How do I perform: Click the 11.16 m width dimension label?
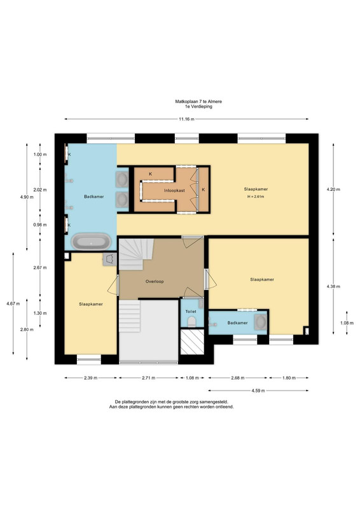click(186, 119)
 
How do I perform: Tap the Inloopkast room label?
click(174, 190)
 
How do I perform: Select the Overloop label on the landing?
click(155, 281)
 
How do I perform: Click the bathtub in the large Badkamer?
click(91, 242)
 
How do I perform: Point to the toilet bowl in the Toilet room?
click(191, 322)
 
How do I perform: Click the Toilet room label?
click(191, 312)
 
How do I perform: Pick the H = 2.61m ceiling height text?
click(256, 197)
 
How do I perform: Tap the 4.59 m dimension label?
click(258, 391)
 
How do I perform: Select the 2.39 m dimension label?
click(90, 378)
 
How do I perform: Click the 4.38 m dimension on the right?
click(333, 287)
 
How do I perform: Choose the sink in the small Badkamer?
click(261, 322)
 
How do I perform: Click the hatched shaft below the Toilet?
click(192, 342)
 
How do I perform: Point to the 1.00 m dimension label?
click(40, 155)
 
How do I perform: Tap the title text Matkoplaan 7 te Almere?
click(198, 102)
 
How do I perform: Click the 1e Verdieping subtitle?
click(198, 106)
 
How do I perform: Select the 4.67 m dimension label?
click(13, 304)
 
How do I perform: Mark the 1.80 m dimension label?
click(289, 378)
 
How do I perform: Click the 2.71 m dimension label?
click(149, 378)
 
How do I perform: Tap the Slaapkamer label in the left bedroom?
click(91, 304)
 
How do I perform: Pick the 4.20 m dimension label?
click(333, 189)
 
